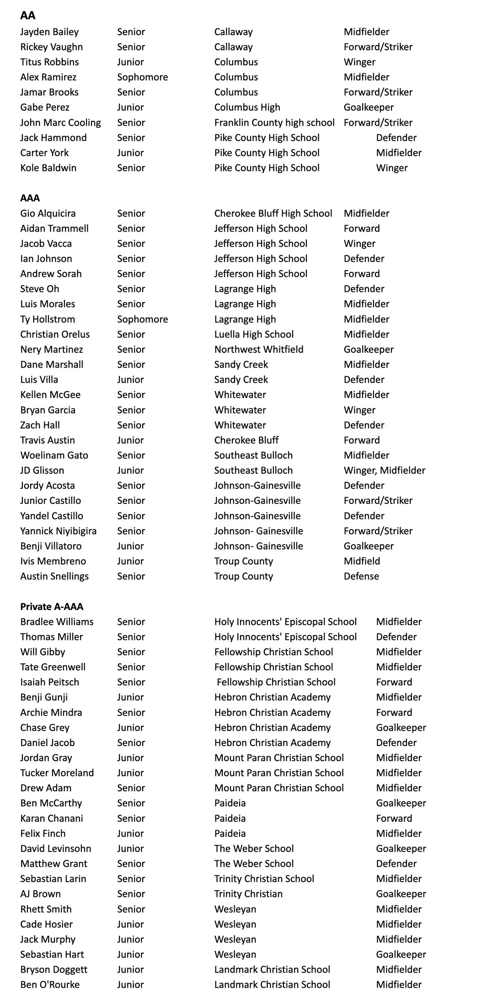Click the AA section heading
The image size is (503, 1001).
point(27,16)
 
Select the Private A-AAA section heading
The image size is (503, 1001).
point(52,607)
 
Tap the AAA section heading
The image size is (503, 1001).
point(30,198)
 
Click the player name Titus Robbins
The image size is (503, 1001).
point(49,62)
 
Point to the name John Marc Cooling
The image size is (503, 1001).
point(60,123)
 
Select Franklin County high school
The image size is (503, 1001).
point(274,123)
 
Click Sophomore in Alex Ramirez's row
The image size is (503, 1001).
point(142,77)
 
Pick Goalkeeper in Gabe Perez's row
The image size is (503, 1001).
point(369,107)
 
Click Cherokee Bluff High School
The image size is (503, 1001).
point(273,213)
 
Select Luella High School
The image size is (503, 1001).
point(254,334)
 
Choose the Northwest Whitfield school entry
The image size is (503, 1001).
point(259,350)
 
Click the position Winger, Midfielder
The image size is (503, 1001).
point(384,471)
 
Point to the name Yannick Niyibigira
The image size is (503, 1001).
point(58,531)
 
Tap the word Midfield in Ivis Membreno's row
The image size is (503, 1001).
point(362,561)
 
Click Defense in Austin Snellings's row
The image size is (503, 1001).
point(361,576)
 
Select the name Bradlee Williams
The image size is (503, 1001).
point(57,622)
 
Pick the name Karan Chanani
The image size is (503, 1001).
point(52,818)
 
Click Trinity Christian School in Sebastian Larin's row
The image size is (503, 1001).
point(264,879)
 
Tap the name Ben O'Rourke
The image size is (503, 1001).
point(50,985)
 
